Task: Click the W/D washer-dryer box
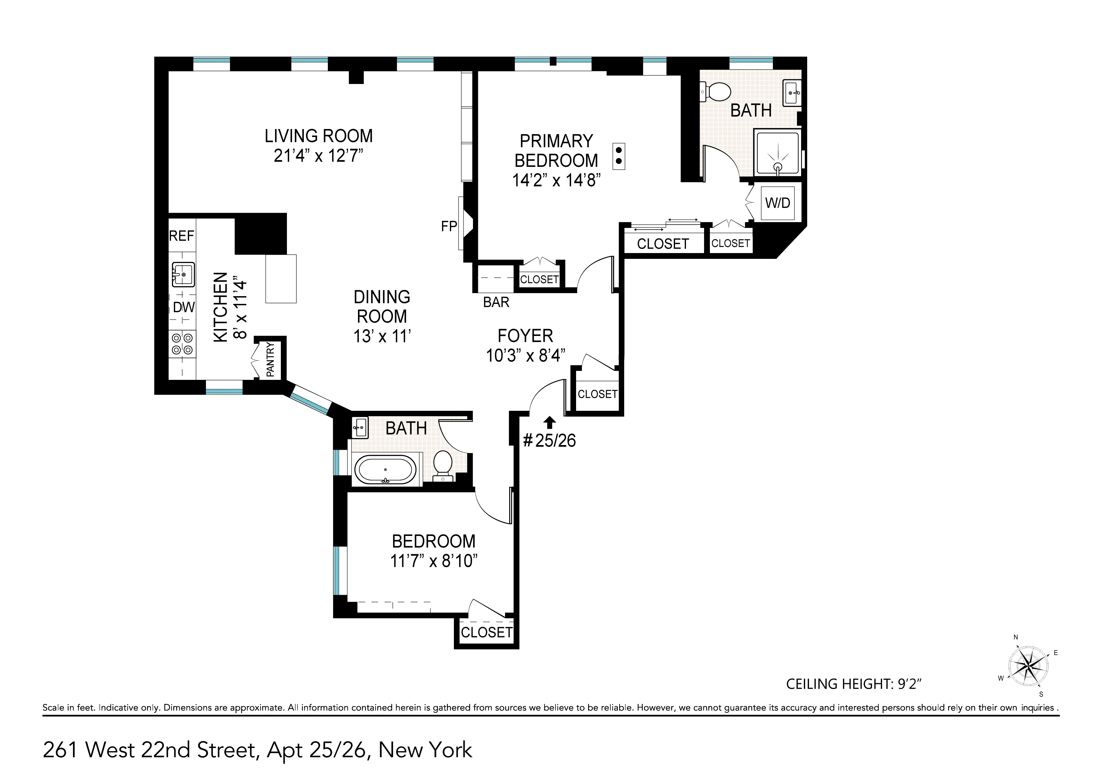tap(778, 203)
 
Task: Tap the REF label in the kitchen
tap(182, 236)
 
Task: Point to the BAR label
tap(496, 303)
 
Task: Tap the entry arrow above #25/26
tap(550, 422)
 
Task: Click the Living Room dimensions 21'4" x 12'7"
tap(318, 156)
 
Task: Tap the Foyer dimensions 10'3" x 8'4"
tap(525, 355)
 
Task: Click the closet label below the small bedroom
tap(487, 632)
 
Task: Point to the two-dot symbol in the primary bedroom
tap(618, 156)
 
